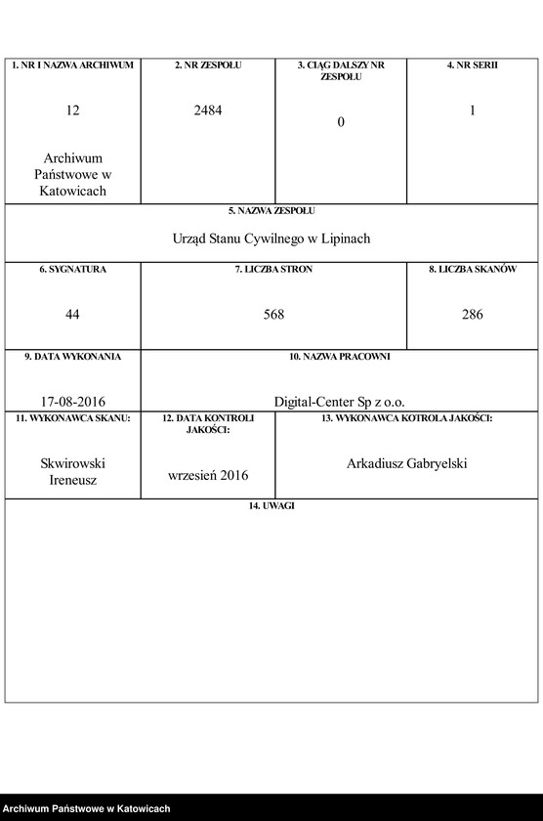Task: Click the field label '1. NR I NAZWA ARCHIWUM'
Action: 72,65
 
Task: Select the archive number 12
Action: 72,111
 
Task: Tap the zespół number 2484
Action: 208,111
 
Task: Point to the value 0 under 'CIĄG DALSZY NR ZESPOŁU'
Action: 341,122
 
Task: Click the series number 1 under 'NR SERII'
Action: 472,111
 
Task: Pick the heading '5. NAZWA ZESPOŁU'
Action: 271,210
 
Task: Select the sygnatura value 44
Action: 72,315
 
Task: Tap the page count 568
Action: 273,315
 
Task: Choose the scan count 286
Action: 472,315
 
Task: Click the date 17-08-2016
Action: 73,402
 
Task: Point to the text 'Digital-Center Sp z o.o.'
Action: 339,402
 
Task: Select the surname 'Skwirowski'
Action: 73,463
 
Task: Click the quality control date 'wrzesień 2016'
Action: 208,475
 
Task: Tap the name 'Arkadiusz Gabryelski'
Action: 406,463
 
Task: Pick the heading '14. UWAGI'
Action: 271,505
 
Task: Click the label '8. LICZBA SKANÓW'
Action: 472,269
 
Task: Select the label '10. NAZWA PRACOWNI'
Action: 339,357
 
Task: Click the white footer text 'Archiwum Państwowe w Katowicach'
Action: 87,809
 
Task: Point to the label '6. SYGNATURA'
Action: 72,269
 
